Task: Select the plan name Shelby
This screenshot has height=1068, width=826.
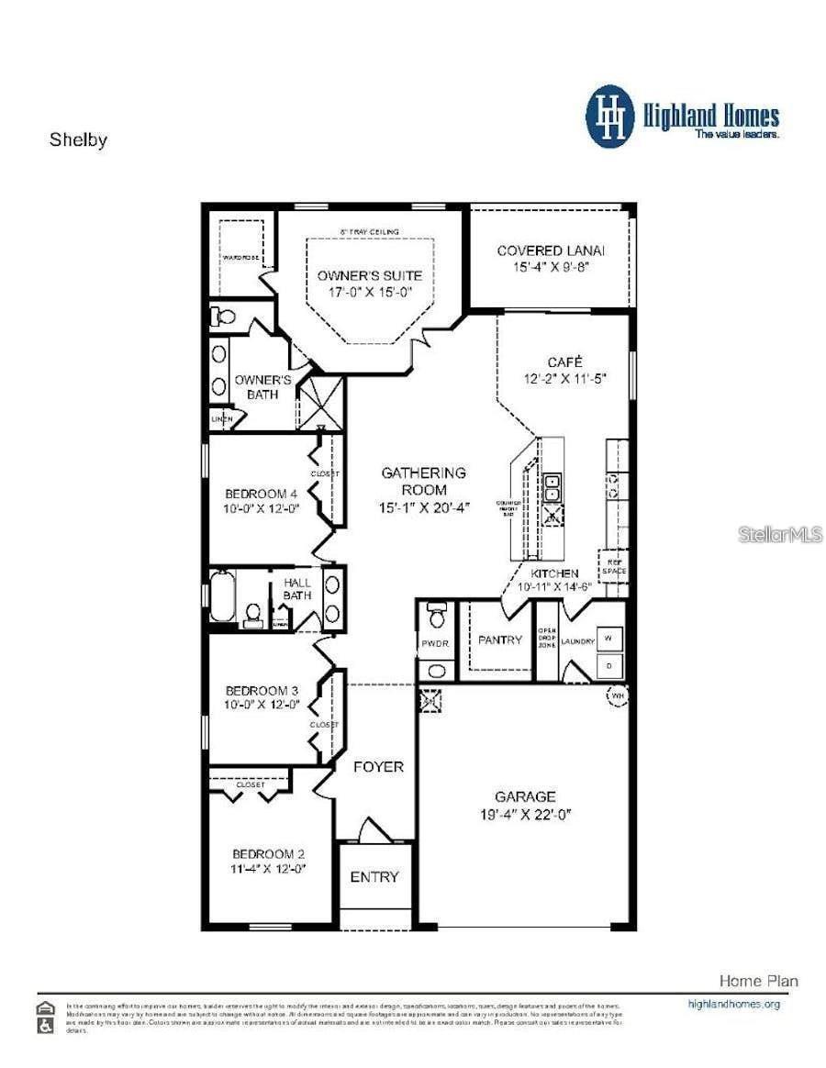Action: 78,140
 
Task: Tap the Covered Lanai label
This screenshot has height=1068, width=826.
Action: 551,250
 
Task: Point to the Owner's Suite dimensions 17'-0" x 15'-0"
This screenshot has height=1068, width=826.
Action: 370,293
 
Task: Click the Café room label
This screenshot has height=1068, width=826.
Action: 564,362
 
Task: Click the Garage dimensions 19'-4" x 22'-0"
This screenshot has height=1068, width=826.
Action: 525,815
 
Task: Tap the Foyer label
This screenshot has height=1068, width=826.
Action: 378,766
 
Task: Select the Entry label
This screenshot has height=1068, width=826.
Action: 374,877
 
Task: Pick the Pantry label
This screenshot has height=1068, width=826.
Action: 499,640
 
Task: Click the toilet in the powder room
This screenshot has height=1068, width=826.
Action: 437,611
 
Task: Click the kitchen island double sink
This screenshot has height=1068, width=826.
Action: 553,488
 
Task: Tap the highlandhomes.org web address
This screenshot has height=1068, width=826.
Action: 733,1004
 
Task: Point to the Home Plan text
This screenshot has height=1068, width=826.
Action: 757,981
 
